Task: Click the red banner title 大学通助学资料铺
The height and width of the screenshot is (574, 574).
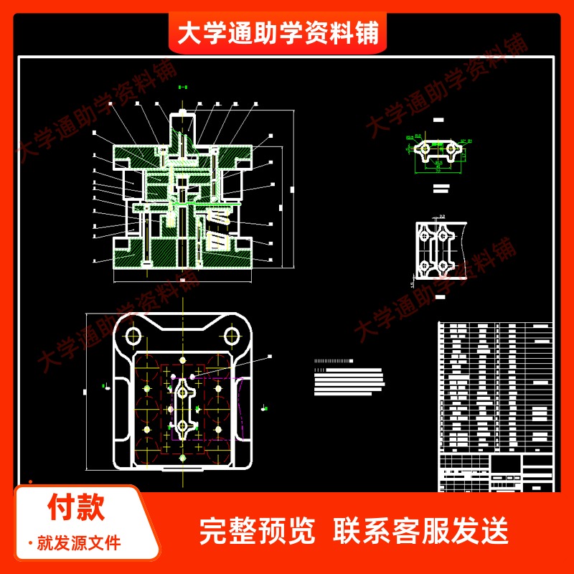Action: pyautogui.click(x=278, y=33)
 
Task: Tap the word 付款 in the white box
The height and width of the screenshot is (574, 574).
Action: pyautogui.click(x=76, y=507)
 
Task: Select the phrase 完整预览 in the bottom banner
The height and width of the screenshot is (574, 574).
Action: pyautogui.click(x=257, y=532)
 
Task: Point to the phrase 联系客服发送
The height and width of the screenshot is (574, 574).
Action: pyautogui.click(x=421, y=532)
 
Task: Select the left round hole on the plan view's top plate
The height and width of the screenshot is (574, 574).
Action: pyautogui.click(x=133, y=335)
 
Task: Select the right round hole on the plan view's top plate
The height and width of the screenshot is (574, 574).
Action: pyautogui.click(x=231, y=335)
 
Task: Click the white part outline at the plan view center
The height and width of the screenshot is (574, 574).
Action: pyautogui.click(x=183, y=409)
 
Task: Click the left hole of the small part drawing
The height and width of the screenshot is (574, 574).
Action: pyautogui.click(x=425, y=149)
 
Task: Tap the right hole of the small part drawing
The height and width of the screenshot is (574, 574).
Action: pyautogui.click(x=451, y=149)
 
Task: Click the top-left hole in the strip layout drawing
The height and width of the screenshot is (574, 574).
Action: pyautogui.click(x=426, y=235)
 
